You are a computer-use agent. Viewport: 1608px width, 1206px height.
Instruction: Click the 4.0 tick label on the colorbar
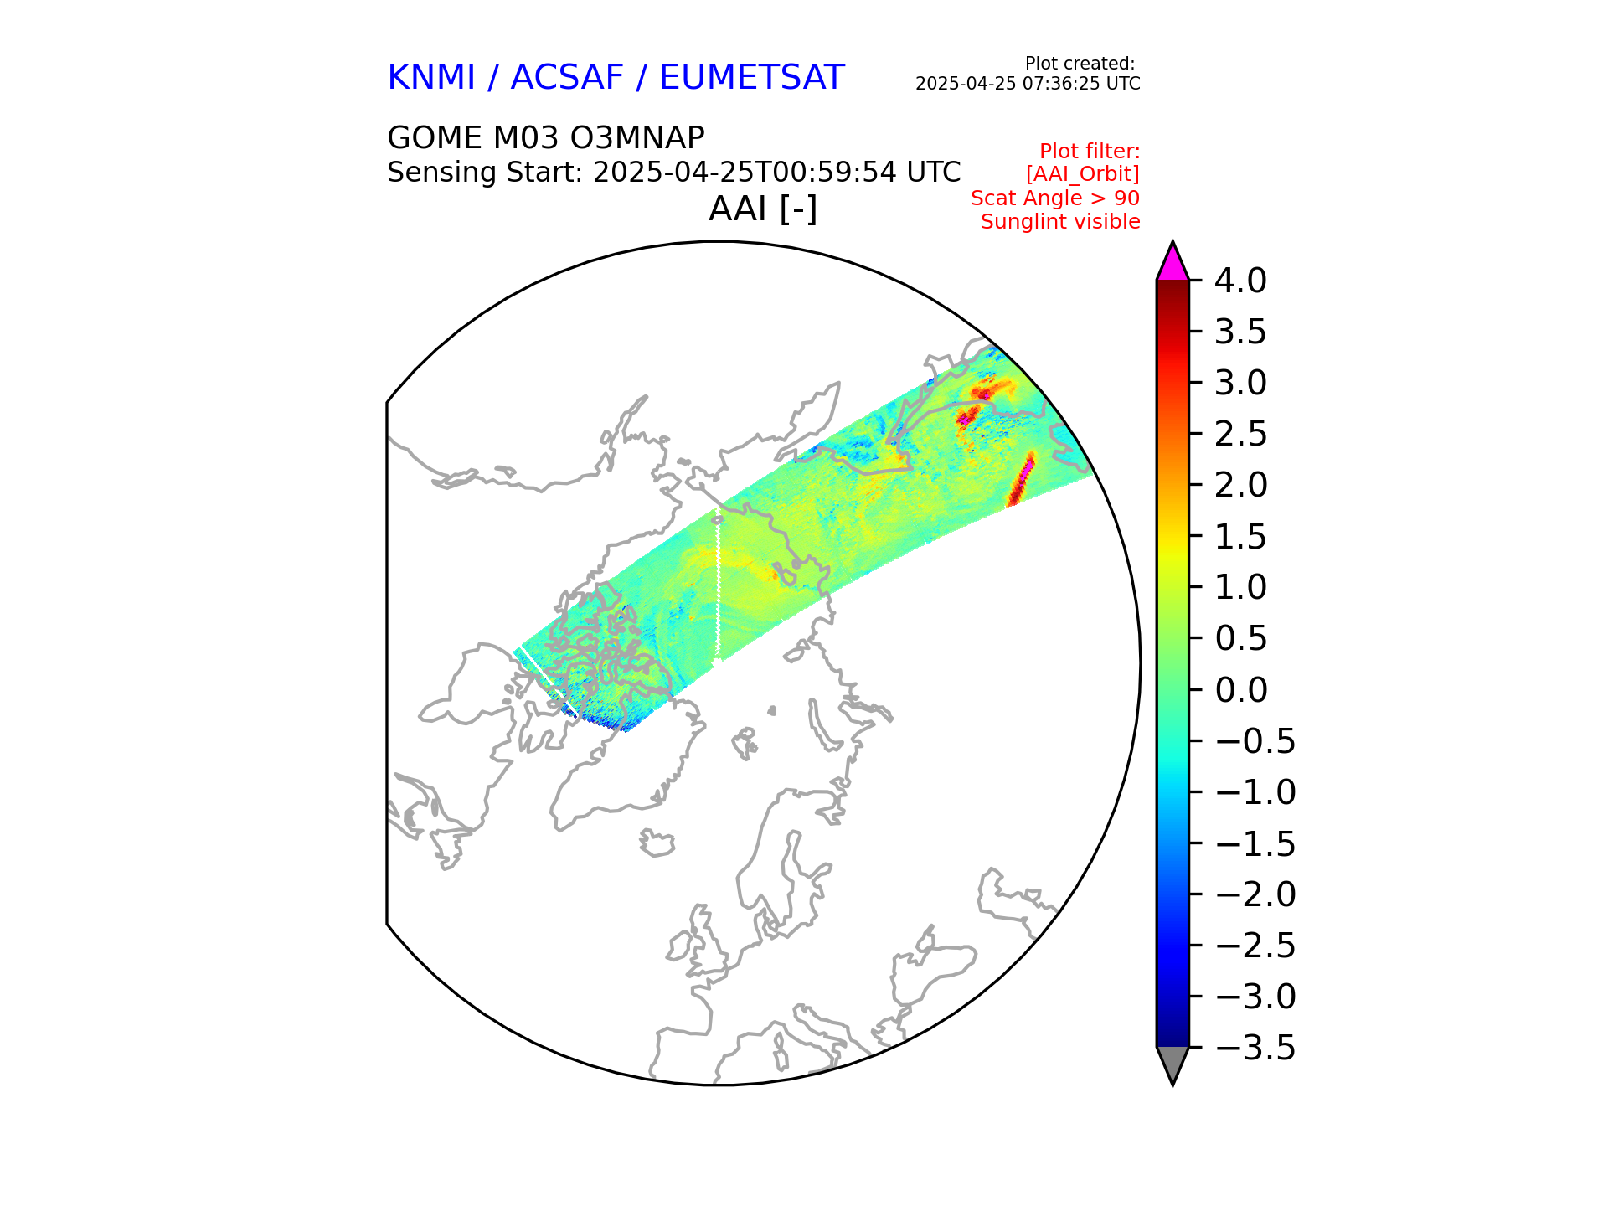tap(1240, 281)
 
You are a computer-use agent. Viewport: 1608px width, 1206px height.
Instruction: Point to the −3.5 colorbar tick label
tap(1255, 1048)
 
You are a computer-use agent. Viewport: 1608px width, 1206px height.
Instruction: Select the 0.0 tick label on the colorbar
tap(1240, 690)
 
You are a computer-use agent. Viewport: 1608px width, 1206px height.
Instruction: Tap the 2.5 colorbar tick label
tap(1240, 434)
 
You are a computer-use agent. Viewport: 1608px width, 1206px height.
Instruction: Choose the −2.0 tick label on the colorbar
tap(1255, 894)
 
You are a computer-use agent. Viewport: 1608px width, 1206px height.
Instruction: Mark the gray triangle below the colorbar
tap(1172, 1063)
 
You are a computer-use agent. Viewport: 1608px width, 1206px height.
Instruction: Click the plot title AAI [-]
tap(762, 209)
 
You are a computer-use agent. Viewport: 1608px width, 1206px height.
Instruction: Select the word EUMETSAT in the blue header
tap(751, 78)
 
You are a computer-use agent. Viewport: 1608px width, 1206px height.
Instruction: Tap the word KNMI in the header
tap(430, 78)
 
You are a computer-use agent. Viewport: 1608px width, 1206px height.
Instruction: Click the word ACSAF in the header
tap(567, 78)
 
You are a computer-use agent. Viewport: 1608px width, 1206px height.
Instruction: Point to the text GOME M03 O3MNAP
tap(546, 137)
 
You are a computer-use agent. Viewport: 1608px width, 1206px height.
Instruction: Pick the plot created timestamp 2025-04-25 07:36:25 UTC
tap(1028, 84)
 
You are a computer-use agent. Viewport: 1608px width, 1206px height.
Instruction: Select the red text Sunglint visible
tap(1060, 222)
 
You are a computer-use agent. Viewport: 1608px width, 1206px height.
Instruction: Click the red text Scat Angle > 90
tap(1055, 198)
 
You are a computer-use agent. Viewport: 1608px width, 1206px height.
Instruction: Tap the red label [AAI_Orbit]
tap(1082, 174)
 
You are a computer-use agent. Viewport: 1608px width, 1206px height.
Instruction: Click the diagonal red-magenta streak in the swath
tap(1021, 479)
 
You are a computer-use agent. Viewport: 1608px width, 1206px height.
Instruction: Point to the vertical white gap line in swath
tap(718, 586)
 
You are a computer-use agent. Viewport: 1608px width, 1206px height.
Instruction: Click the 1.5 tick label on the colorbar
tap(1240, 537)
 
